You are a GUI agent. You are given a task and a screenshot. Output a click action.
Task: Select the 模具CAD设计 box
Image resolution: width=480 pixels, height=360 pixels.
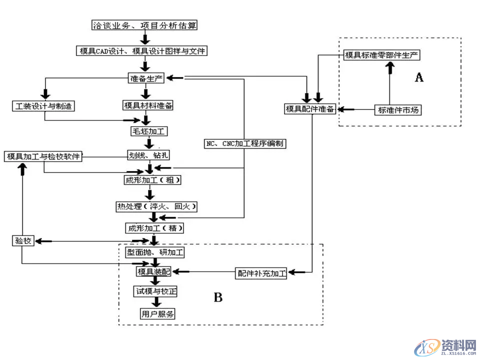click(x=141, y=50)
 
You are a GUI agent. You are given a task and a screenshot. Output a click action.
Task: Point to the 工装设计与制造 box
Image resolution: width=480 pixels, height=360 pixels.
click(x=43, y=106)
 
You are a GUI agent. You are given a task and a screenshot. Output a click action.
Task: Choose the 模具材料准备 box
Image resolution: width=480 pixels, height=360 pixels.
click(x=148, y=105)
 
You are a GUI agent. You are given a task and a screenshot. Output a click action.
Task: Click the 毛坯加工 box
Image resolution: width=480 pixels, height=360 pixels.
click(x=148, y=131)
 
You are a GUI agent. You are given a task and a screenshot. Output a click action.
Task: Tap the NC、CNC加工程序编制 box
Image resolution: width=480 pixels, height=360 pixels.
click(x=245, y=143)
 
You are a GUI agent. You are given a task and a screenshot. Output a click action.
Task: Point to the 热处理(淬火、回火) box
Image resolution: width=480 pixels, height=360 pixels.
click(x=155, y=205)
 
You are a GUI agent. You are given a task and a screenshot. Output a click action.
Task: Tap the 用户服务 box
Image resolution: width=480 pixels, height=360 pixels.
click(x=157, y=314)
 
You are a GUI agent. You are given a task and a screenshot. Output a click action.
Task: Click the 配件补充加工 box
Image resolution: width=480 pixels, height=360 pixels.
click(x=261, y=273)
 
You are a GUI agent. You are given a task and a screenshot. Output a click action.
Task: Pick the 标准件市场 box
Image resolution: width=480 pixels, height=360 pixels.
click(x=398, y=109)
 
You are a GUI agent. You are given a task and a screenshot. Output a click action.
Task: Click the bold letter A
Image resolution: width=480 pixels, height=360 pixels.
click(x=419, y=77)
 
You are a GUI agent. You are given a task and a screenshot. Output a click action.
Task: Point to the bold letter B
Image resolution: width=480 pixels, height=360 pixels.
click(x=218, y=298)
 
